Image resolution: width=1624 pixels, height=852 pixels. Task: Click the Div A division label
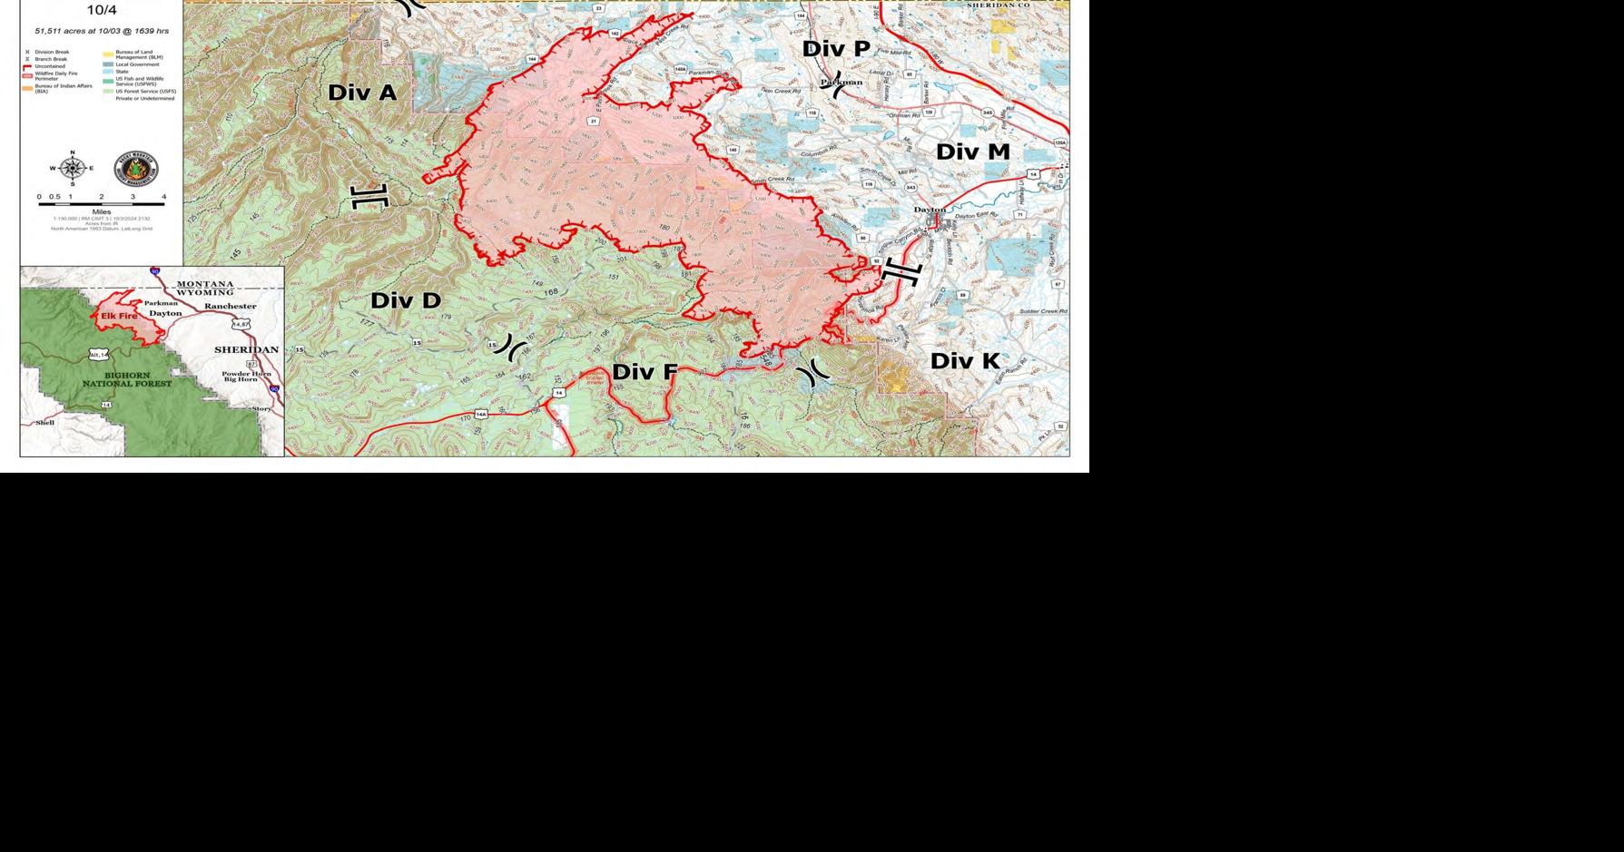(x=362, y=92)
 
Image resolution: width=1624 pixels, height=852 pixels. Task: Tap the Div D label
(x=405, y=300)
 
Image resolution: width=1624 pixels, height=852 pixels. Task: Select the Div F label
(x=645, y=371)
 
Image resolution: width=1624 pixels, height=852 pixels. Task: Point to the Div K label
(x=965, y=361)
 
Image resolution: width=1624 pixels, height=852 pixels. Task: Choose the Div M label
(x=972, y=152)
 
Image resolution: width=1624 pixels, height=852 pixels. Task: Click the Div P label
(x=835, y=49)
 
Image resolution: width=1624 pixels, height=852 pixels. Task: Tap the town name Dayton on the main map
(x=930, y=210)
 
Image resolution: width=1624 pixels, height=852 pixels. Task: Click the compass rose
(x=73, y=168)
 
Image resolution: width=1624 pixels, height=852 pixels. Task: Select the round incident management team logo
(x=135, y=169)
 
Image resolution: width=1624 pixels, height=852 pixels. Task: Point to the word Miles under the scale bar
(x=101, y=211)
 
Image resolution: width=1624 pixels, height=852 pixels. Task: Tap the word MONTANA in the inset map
(x=204, y=284)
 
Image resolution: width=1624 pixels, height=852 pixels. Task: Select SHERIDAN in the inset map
(x=246, y=349)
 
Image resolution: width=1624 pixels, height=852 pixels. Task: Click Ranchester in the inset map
(x=230, y=306)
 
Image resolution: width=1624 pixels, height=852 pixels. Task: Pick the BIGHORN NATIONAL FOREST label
(x=127, y=379)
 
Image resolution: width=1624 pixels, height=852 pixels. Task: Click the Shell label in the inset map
(x=44, y=423)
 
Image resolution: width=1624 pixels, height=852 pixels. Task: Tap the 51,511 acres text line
(x=102, y=31)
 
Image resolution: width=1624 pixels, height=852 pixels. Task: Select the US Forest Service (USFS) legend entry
(x=140, y=91)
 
